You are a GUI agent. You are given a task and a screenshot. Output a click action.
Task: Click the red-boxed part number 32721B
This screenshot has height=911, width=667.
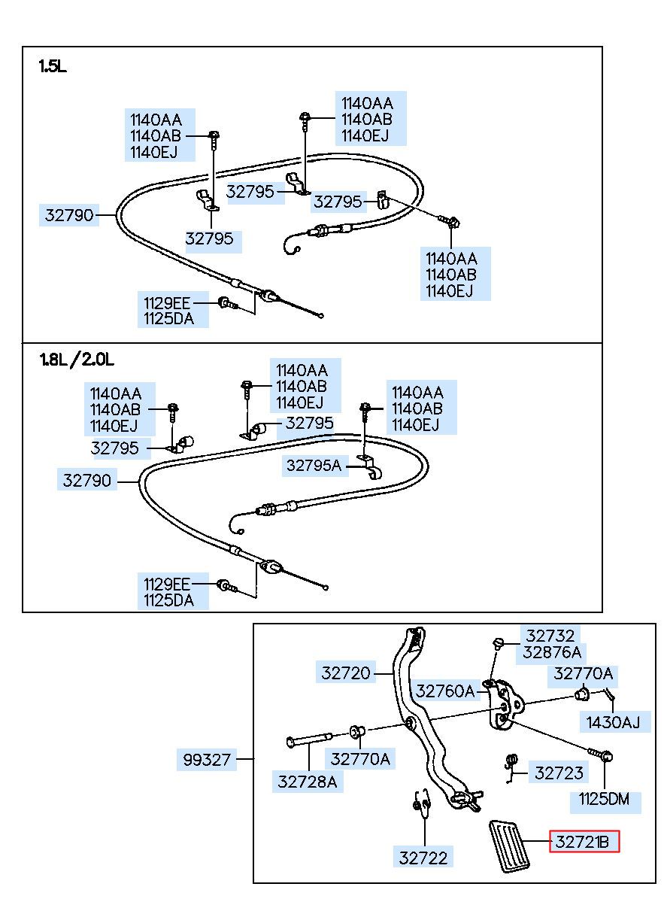coord(584,842)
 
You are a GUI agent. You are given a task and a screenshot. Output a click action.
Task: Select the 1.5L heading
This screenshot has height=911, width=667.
coord(53,66)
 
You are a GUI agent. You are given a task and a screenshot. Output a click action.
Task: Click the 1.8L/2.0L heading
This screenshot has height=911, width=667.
coord(77,360)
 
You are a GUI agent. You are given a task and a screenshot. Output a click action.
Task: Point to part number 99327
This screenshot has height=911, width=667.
coord(207,759)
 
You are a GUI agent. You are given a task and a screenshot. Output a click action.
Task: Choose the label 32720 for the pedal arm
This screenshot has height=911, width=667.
coord(346,673)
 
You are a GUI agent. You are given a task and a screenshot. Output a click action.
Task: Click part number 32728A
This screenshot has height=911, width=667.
coord(308,782)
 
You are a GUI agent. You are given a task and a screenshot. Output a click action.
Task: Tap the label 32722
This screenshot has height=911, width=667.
coord(423,858)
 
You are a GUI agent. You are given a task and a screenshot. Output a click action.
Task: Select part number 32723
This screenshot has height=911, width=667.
coord(559,773)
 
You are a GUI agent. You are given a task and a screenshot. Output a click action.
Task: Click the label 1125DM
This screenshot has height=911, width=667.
coord(605,799)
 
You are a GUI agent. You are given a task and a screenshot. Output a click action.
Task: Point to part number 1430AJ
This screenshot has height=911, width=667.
coord(613,722)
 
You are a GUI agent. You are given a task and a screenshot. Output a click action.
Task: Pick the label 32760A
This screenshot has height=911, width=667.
coord(445,691)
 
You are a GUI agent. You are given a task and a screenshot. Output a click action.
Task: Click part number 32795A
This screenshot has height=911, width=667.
coord(314,465)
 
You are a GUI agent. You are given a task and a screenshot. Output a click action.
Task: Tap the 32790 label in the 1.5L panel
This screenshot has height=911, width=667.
coord(69,214)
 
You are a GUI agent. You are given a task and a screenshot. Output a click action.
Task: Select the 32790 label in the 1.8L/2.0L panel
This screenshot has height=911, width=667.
coord(87,480)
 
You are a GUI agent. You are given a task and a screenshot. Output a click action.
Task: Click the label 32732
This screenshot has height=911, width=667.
coord(550,636)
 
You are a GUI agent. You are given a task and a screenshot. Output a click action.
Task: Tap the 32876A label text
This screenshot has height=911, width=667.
coord(552,652)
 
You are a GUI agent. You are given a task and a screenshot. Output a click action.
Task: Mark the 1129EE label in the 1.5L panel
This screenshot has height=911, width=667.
coord(167,303)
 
